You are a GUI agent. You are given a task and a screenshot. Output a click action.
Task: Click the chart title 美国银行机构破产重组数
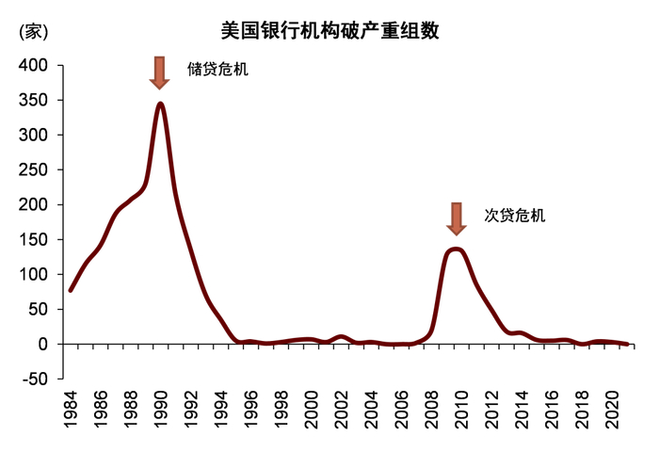[329, 30]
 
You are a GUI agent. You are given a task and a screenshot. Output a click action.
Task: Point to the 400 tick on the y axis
[35, 65]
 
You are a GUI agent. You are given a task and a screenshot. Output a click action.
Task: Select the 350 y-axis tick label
[35, 100]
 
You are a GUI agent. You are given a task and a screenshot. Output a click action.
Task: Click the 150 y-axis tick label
[35, 239]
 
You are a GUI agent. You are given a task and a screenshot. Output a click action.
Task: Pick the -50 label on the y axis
[35, 379]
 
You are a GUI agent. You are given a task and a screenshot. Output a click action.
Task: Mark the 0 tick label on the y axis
[44, 344]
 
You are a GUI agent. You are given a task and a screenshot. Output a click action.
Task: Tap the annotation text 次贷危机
[514, 215]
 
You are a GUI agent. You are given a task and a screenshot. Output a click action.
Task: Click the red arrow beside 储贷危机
[161, 73]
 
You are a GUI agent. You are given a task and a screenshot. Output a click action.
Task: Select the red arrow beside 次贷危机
[457, 218]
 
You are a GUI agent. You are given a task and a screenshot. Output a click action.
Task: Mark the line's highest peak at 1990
[161, 104]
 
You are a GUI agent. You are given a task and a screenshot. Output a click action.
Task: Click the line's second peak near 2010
[457, 249]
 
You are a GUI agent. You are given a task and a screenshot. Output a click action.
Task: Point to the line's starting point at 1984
[71, 290]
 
